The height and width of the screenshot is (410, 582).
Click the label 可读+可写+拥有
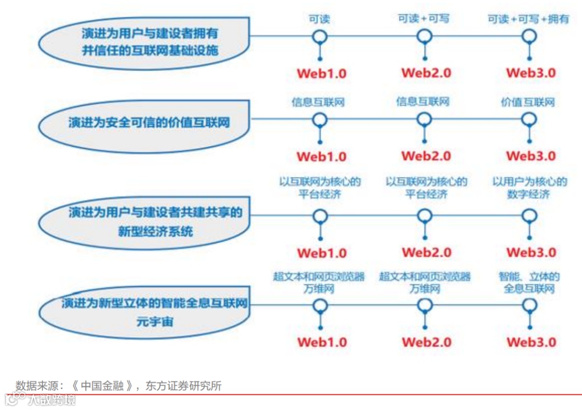[x=528, y=19]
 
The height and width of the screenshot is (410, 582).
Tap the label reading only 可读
[x=319, y=19]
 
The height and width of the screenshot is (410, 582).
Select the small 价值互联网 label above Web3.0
[x=528, y=101]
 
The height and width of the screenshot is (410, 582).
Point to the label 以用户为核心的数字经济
[x=529, y=188]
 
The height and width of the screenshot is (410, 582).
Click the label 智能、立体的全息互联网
[x=529, y=283]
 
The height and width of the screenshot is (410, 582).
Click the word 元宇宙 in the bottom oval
[x=155, y=322]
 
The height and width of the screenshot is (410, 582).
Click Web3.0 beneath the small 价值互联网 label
[x=531, y=156]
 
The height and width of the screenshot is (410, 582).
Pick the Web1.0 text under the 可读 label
[x=322, y=73]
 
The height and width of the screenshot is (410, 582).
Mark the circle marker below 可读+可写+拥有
[x=530, y=37]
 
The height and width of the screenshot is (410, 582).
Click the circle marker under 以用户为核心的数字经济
[x=530, y=216]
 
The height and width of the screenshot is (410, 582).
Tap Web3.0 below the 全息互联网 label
[x=531, y=342]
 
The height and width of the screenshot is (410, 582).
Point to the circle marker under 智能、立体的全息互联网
[x=530, y=305]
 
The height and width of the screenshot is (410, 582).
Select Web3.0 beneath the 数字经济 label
[x=531, y=252]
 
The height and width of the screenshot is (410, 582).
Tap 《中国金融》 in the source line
[x=102, y=386]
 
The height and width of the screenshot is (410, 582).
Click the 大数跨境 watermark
[x=51, y=400]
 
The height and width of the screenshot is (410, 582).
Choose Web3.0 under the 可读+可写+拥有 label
[x=531, y=73]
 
